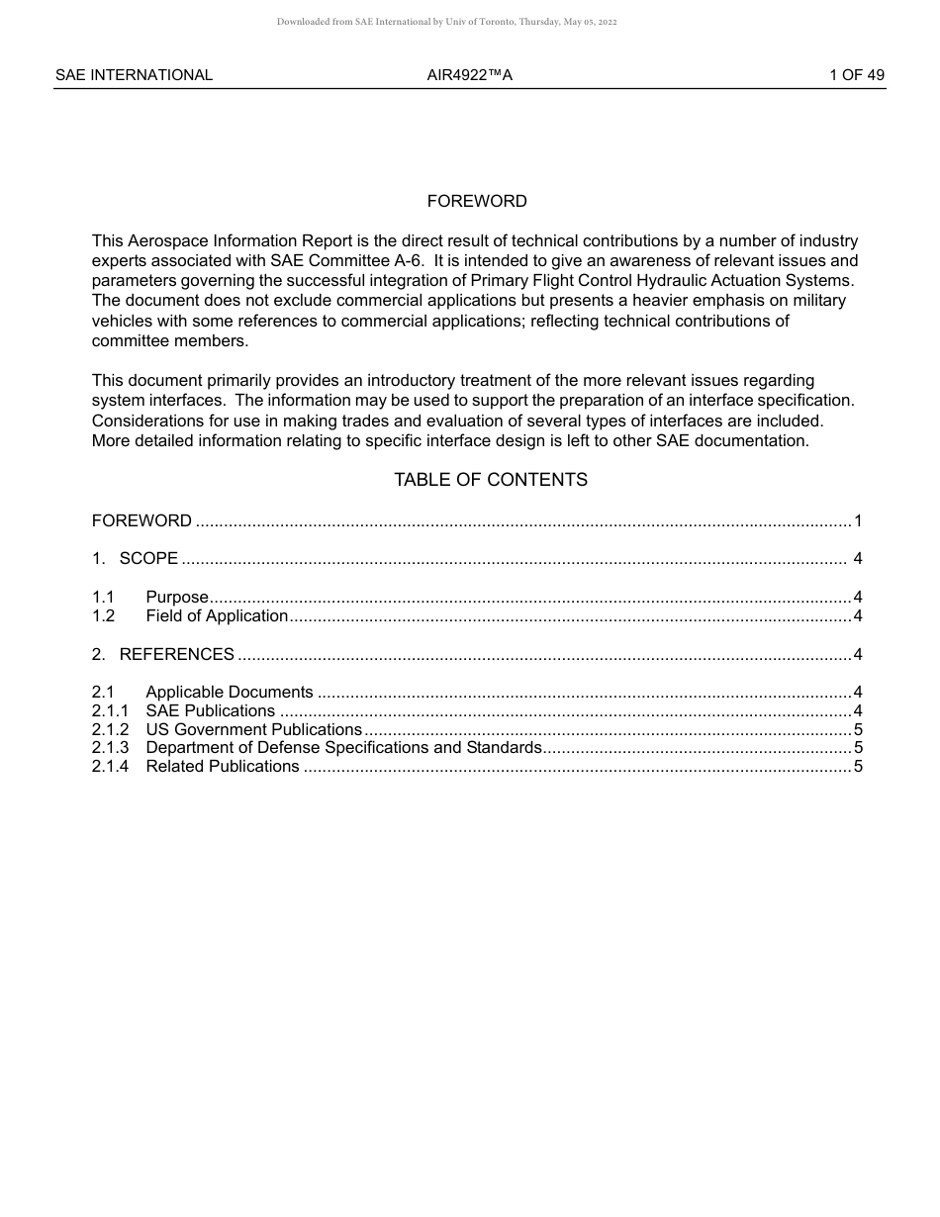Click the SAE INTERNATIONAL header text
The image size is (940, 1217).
click(134, 75)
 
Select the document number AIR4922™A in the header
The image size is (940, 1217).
click(470, 75)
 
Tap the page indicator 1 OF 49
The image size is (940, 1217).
click(857, 75)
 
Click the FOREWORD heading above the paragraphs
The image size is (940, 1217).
click(477, 202)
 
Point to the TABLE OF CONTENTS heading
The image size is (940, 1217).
click(491, 480)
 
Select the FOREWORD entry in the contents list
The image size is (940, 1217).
click(141, 521)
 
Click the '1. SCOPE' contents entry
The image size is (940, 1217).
click(136, 559)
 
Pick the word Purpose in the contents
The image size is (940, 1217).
click(177, 598)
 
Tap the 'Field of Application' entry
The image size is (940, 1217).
click(217, 616)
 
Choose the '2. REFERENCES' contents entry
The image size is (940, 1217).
click(163, 655)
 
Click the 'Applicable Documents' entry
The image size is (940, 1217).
click(230, 693)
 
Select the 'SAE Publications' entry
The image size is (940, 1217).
click(211, 711)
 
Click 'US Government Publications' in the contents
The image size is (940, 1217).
click(254, 730)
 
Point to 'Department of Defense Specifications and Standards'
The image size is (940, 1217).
click(343, 748)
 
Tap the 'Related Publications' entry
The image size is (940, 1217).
click(223, 767)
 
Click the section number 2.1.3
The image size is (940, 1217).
click(111, 748)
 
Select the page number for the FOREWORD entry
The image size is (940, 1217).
click(858, 521)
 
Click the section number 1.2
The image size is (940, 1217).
click(104, 616)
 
